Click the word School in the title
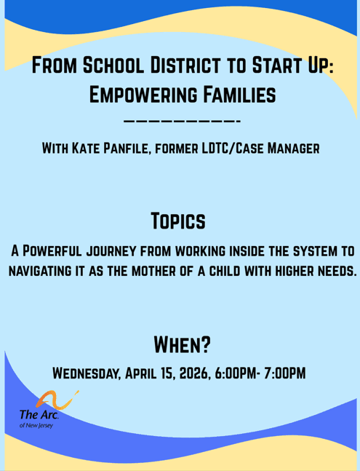(x=114, y=67)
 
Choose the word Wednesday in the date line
(x=86, y=373)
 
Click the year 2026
(x=190, y=373)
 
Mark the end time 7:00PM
(x=281, y=373)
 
